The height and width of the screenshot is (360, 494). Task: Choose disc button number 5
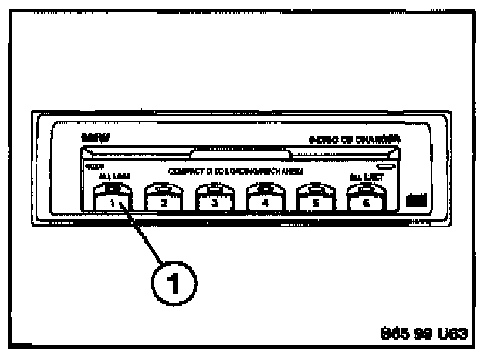tap(313, 204)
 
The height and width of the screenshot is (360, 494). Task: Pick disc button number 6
tap(364, 204)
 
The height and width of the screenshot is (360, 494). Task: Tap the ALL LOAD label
tap(109, 177)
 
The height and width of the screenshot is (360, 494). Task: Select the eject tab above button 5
tap(313, 187)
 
